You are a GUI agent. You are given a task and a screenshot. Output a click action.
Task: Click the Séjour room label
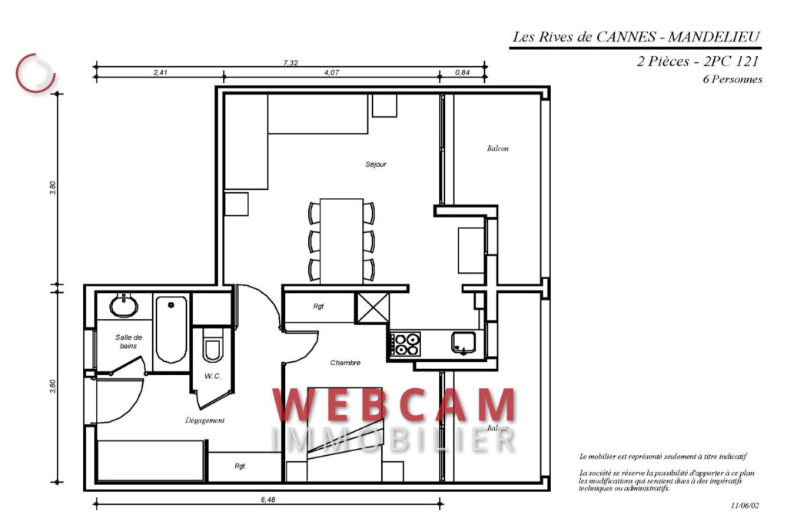click(x=376, y=164)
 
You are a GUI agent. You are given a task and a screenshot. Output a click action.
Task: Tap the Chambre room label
click(x=345, y=363)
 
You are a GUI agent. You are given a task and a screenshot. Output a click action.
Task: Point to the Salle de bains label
click(x=129, y=342)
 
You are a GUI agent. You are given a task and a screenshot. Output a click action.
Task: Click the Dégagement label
click(x=204, y=420)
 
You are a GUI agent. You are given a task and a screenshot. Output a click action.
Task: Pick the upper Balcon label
click(x=497, y=148)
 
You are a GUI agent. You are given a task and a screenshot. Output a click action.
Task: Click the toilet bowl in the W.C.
click(x=212, y=349)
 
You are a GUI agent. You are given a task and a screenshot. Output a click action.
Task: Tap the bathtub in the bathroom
click(x=171, y=330)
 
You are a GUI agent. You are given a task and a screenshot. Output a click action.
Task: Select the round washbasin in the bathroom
click(x=124, y=306)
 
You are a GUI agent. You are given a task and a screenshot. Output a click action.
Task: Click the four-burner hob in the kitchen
click(x=407, y=344)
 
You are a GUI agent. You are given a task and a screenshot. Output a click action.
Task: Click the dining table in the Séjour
click(x=341, y=241)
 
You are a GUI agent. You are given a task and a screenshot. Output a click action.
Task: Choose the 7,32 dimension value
click(x=291, y=63)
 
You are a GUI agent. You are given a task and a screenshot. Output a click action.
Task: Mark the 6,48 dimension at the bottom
click(x=267, y=500)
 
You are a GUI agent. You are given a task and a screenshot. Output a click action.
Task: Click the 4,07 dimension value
click(x=331, y=72)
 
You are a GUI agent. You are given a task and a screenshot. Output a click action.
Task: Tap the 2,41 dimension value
click(x=161, y=72)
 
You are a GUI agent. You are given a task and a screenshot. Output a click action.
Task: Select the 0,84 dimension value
click(x=462, y=72)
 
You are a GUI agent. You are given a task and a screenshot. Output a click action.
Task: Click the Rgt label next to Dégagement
click(x=240, y=466)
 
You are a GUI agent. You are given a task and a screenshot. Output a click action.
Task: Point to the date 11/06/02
click(x=745, y=506)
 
